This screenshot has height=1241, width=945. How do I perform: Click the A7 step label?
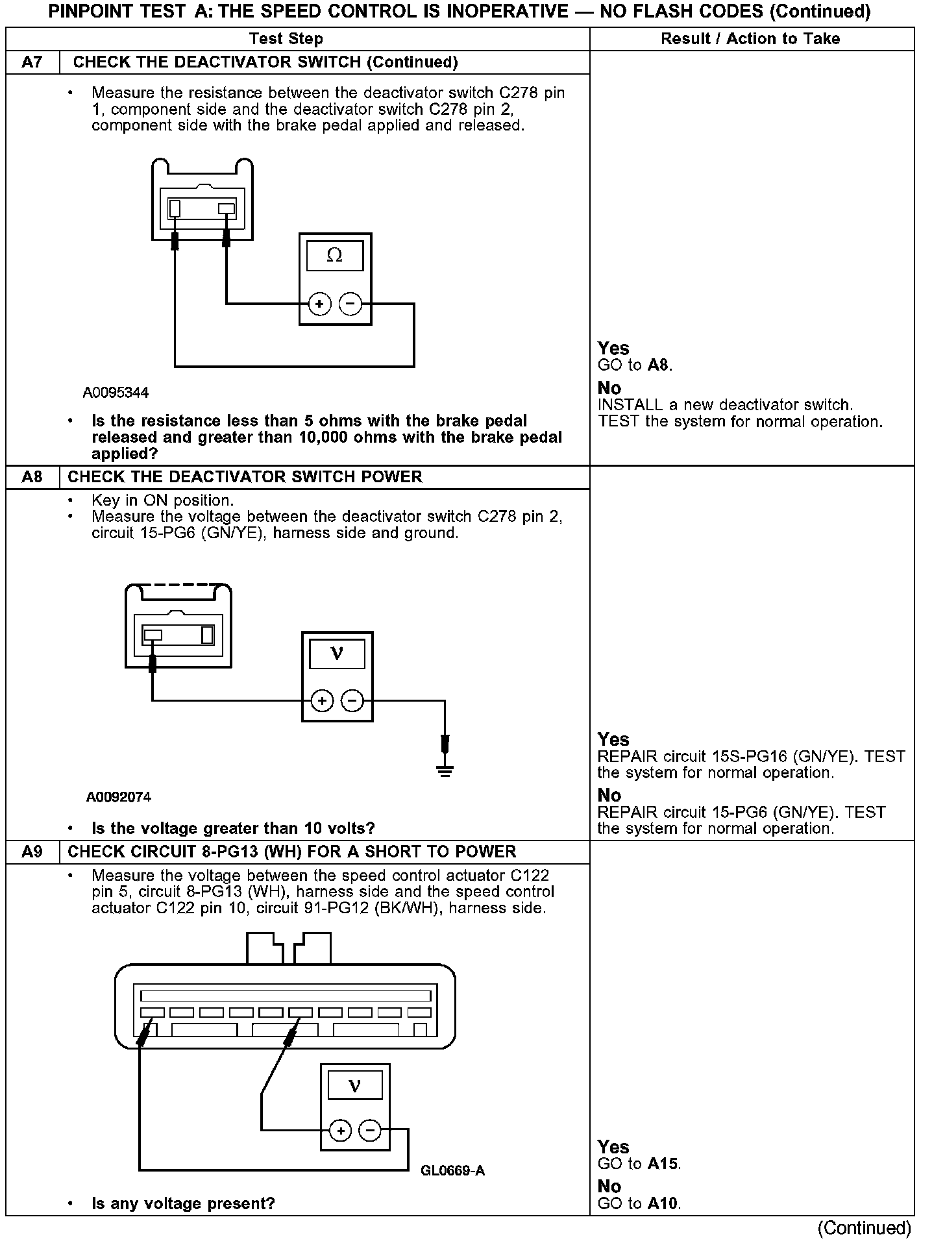coord(32,62)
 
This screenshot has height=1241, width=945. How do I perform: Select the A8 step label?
coord(32,477)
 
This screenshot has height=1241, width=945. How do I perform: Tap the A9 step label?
coord(32,852)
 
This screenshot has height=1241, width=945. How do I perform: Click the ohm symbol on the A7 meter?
coord(334,255)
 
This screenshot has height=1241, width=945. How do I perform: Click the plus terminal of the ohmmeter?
coord(319,304)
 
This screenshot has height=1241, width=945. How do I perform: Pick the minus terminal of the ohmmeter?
coord(350,303)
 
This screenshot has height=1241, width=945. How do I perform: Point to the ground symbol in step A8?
coord(445,770)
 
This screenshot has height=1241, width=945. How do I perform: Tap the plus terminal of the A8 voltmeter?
coord(322,701)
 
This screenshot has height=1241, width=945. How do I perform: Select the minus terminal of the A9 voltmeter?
coord(370,1131)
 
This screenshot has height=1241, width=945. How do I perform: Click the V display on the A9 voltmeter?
coord(354,1086)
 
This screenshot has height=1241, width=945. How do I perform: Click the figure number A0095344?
coord(116,393)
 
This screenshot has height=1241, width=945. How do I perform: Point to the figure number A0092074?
coord(119,796)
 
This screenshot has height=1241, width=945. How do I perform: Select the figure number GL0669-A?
coord(452,1170)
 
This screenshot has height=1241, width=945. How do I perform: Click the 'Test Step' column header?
coord(286,39)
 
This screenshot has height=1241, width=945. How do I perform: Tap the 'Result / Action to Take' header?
coord(750,39)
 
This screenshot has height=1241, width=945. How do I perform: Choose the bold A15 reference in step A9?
coord(662,1164)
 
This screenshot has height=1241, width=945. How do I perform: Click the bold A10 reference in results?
coord(662,1204)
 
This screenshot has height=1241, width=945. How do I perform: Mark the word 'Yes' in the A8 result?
coord(613,739)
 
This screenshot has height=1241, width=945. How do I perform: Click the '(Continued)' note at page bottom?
coord(864,1227)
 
